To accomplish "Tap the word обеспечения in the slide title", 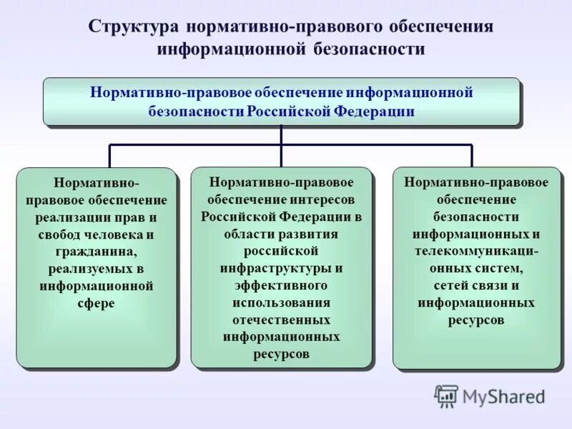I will pos(441,27).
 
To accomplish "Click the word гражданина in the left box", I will pos(96,252).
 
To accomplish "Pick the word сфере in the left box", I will pos(96,303).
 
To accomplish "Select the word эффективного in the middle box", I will pos(281,285).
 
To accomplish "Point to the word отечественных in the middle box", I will pos(281,320).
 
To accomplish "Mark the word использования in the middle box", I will pos(281,302).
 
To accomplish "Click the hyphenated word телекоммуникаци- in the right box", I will pos(475,252).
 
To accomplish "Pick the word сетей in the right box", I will pos(450,286).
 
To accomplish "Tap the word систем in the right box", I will pos(504,269).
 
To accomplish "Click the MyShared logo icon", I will pos(446,395).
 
